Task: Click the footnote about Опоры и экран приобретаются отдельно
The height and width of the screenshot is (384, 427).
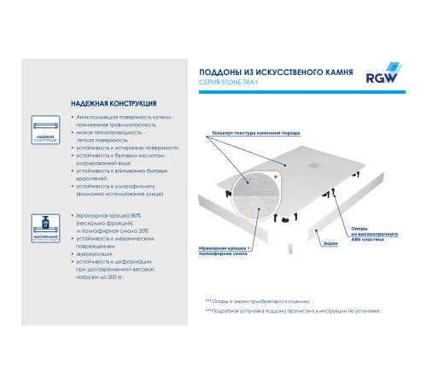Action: point(256,301)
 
